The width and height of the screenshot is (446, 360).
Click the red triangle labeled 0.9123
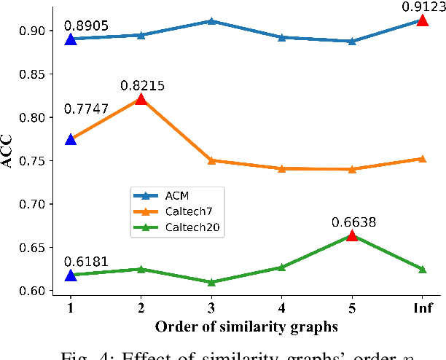422,20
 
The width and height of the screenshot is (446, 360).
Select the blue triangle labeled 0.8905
71,39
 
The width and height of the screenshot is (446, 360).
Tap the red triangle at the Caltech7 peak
141,99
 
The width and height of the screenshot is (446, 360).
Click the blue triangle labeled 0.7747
71,139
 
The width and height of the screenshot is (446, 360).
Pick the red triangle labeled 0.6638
352,235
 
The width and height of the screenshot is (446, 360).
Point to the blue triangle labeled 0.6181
71,275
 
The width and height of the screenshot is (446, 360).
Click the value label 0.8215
142,85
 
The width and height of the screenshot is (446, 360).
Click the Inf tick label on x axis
422,308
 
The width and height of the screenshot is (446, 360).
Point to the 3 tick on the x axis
211,308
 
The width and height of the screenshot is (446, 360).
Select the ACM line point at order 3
211,21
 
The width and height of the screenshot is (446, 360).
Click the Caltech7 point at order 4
281,168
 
